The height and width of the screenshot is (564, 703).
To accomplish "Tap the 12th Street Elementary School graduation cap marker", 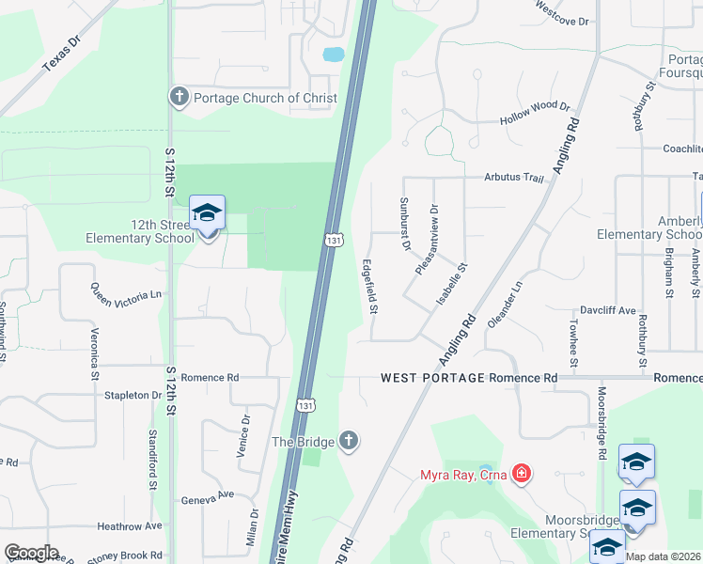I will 208,214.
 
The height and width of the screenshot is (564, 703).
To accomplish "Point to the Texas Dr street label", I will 62,55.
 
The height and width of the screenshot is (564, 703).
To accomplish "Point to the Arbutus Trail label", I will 514,177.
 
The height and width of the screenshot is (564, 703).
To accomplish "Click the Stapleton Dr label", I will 133,396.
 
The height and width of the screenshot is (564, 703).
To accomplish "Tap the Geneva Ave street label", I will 207,495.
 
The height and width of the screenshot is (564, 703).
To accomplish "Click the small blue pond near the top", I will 334,55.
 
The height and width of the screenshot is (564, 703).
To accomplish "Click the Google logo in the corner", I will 31,553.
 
